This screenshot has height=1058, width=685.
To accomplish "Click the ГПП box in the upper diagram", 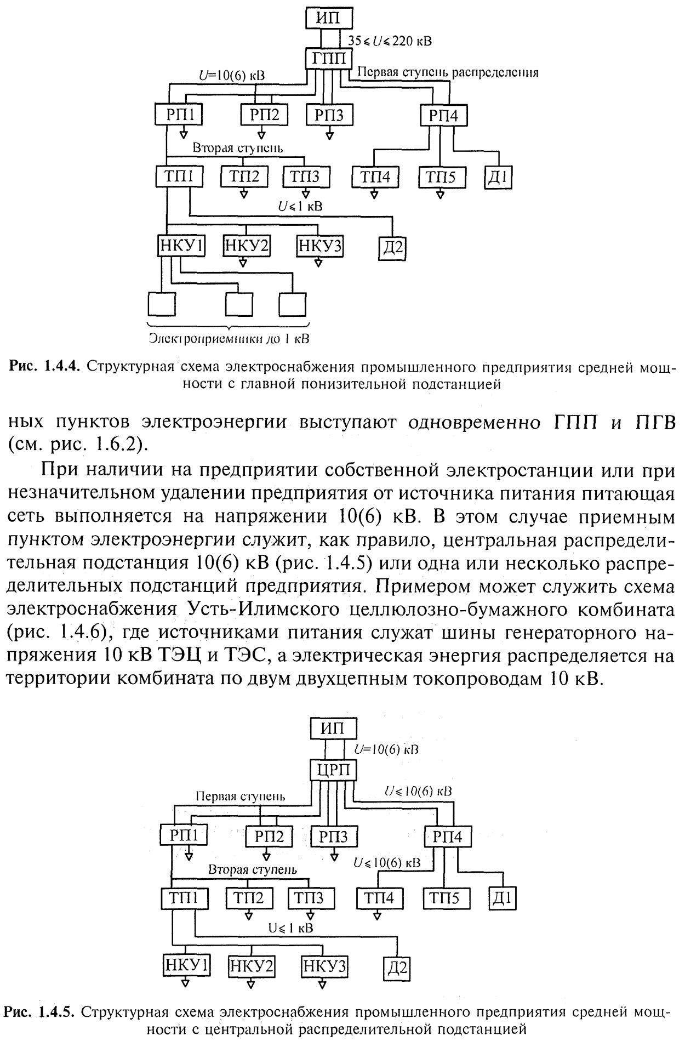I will click(x=329, y=58).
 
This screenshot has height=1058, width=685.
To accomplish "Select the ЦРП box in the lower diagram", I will click(x=334, y=770).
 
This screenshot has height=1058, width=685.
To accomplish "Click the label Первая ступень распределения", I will click(x=448, y=72).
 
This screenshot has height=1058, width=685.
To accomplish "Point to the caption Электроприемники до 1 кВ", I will click(x=229, y=339).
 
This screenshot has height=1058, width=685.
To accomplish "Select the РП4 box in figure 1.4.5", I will click(x=448, y=837).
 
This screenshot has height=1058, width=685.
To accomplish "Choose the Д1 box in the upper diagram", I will click(x=498, y=179).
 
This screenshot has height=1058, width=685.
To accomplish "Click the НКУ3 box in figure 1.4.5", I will click(x=324, y=965).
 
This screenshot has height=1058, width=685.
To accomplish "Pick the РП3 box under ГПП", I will click(x=329, y=116).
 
